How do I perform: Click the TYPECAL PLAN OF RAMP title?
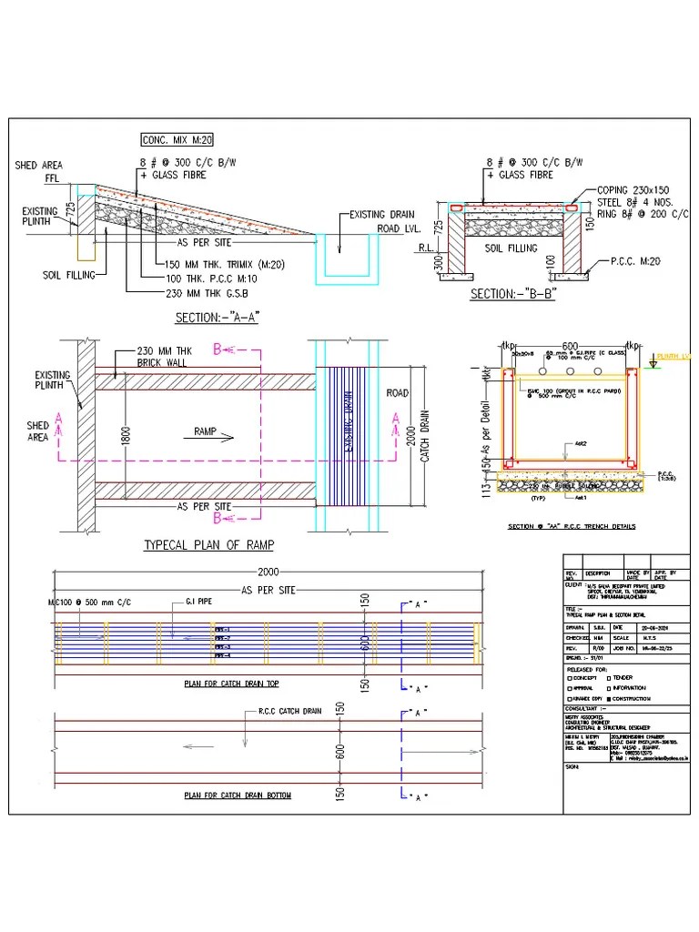[209, 545]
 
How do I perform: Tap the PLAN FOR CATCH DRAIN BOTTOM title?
[238, 795]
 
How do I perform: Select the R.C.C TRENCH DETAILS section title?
[571, 527]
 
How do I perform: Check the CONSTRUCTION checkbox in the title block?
[608, 698]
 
